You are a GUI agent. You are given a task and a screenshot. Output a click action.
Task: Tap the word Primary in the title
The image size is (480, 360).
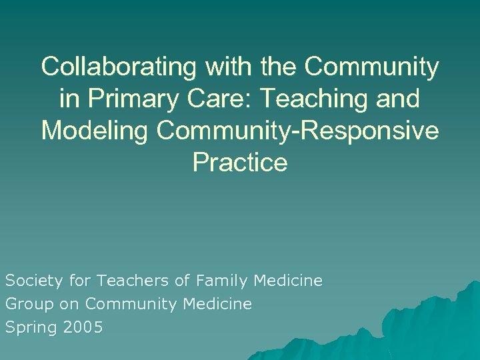139,99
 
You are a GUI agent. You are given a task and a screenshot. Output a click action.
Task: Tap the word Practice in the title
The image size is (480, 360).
240,163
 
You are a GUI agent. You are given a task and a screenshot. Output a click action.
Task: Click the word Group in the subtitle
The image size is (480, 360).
25,305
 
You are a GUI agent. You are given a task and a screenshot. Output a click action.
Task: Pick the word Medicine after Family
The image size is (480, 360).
289,281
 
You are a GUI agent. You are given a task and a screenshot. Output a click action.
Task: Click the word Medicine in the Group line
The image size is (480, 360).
219,305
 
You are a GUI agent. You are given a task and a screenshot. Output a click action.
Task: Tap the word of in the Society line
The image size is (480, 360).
182,281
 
